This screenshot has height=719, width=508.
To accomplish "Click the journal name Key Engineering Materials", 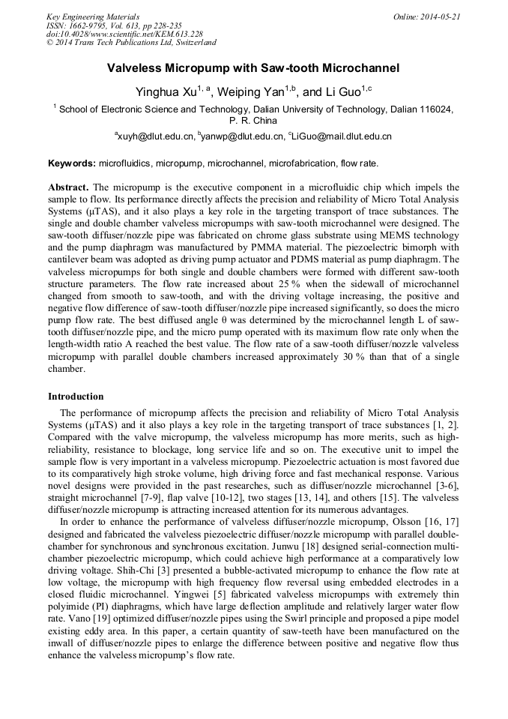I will [92, 16].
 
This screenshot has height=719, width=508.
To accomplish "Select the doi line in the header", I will [124, 34].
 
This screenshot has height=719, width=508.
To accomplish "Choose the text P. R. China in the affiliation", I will [253, 120].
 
